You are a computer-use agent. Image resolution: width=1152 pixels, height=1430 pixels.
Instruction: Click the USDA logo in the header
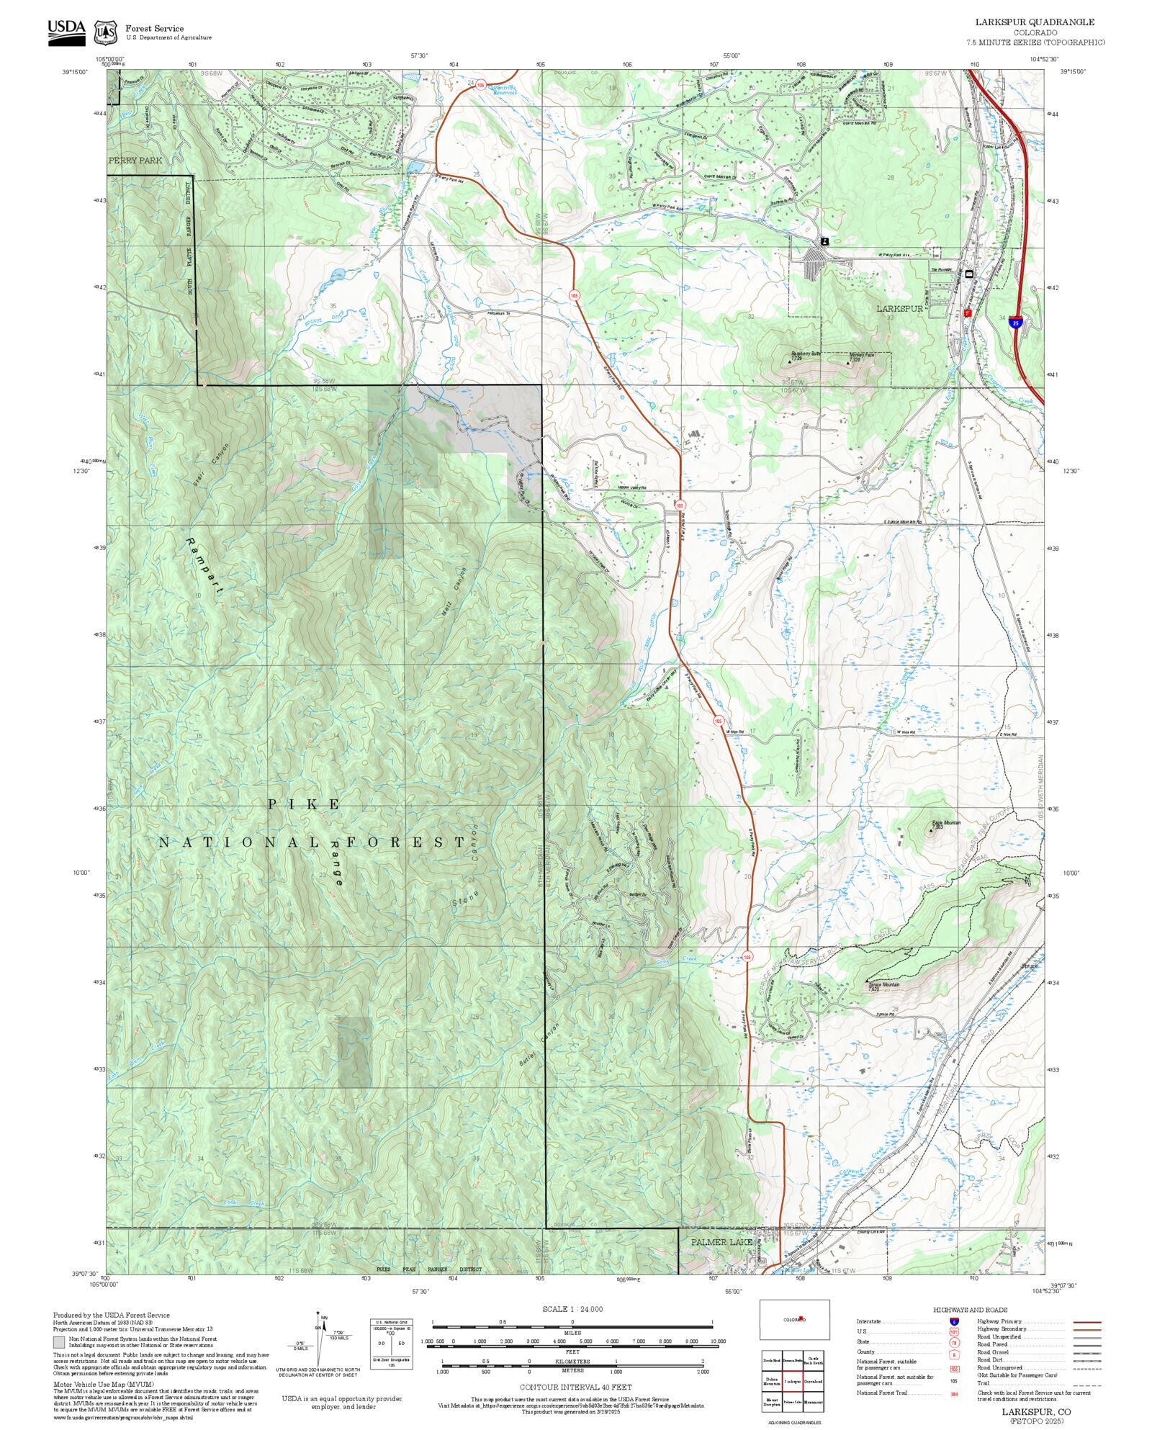[66, 32]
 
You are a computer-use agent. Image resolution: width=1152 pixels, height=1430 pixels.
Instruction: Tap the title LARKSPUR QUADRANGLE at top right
[1035, 22]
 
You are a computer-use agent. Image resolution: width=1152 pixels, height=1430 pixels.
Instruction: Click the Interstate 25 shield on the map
[1015, 323]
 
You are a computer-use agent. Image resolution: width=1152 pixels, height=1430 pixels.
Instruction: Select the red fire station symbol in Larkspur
[968, 313]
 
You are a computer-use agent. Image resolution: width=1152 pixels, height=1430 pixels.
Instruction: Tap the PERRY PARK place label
[135, 161]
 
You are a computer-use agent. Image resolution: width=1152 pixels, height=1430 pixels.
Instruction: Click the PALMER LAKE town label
[721, 1242]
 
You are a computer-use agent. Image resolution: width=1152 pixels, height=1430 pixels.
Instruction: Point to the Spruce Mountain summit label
[883, 986]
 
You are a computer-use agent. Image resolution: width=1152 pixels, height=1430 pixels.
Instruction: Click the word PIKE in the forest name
[305, 805]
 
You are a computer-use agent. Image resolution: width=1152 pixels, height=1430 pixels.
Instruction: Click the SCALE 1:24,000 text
[572, 1309]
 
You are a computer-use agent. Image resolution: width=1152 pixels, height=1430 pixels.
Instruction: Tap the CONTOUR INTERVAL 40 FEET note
[576, 1387]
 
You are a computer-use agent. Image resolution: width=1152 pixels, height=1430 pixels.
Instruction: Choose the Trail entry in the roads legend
[984, 1382]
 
